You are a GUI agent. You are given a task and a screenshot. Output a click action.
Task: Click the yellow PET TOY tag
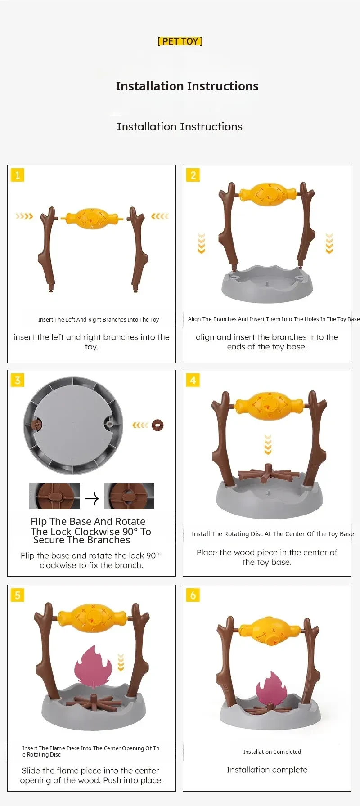pyautogui.click(x=180, y=41)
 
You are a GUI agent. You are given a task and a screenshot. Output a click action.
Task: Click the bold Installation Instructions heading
pyautogui.click(x=187, y=86)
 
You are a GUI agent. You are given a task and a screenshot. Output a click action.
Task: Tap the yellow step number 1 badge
pyautogui.click(x=18, y=175)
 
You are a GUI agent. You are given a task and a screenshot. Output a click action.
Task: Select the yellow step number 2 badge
pyautogui.click(x=193, y=175)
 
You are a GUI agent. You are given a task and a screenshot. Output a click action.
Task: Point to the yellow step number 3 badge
pyautogui.click(x=18, y=380)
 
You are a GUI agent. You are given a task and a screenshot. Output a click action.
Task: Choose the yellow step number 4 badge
pyautogui.click(x=193, y=380)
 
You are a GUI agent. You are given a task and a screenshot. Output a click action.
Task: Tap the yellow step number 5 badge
pyautogui.click(x=18, y=595)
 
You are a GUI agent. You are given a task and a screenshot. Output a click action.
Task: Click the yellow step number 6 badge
pyautogui.click(x=193, y=595)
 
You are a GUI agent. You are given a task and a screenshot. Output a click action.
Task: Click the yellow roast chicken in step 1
pyautogui.click(x=92, y=219)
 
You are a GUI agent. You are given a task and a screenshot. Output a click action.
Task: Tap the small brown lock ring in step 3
pyautogui.click(x=157, y=425)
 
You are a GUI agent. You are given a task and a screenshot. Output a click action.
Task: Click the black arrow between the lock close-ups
pyautogui.click(x=92, y=498)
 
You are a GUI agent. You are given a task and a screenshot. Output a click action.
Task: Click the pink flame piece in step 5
pyautogui.click(x=93, y=666)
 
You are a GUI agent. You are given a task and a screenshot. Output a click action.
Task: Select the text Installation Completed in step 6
pyautogui.click(x=272, y=752)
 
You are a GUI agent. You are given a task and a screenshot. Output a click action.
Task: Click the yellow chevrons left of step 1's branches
pyautogui.click(x=24, y=216)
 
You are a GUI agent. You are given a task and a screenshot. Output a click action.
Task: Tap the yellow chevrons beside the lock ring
pyautogui.click(x=140, y=425)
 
